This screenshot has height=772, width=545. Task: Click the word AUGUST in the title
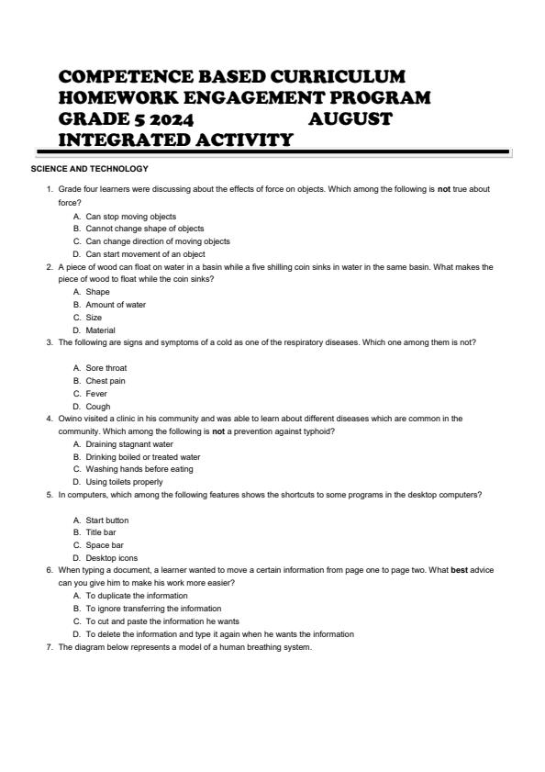pos(350,118)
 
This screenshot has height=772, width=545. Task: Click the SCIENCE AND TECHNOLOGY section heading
pos(89,168)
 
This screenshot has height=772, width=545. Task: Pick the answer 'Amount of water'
pos(116,305)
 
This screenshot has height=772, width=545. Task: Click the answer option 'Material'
pos(101,330)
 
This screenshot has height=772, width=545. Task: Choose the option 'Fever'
pos(97,393)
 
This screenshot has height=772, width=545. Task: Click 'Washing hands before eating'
pos(139,469)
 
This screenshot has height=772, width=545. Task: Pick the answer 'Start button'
pos(107,520)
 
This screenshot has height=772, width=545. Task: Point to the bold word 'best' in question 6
pos(460,570)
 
